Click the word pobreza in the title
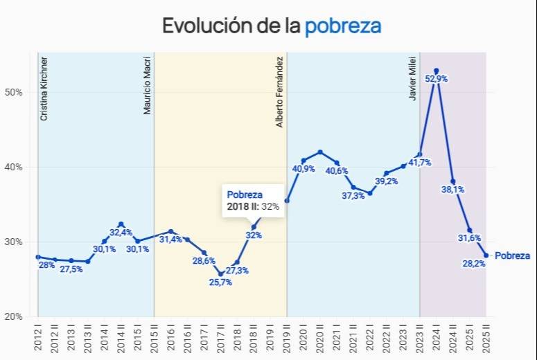click(x=343, y=26)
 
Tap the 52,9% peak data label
click(x=436, y=79)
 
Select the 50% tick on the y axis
click(x=15, y=92)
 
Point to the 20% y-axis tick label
click(x=15, y=316)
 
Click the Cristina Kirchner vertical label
click(x=44, y=89)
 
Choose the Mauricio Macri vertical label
click(x=148, y=87)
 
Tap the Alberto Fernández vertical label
click(x=280, y=93)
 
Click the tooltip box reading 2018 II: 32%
click(x=252, y=201)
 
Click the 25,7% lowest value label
click(x=220, y=282)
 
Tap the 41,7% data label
click(x=419, y=163)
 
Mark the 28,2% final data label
click(x=474, y=264)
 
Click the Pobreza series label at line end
click(x=512, y=255)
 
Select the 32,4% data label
click(x=121, y=233)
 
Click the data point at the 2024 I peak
click(x=436, y=71)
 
